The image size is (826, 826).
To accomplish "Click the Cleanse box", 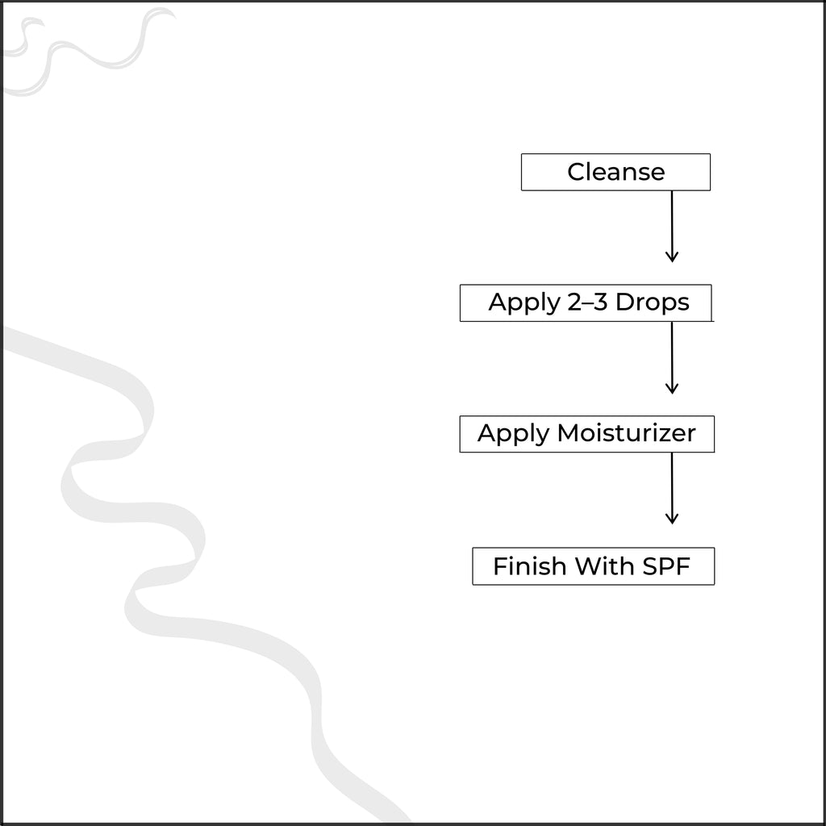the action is tap(615, 173).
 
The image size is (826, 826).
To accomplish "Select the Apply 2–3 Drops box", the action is tap(586, 303).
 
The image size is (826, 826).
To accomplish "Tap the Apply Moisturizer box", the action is tap(587, 434).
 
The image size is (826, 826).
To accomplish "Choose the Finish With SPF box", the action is tap(593, 566).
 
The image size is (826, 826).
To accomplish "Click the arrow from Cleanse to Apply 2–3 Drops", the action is tap(672, 227).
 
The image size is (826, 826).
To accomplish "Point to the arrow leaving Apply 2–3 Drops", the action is tap(672, 358).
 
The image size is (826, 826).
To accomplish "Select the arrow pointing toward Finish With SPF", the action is tap(672, 488).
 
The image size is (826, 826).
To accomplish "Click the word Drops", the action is tap(652, 303).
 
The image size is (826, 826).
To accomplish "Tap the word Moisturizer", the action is tap(626, 433).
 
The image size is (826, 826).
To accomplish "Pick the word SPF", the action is tap(665, 566).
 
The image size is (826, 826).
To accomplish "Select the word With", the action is tap(604, 566).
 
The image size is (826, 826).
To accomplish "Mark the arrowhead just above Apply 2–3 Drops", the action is tap(672, 257).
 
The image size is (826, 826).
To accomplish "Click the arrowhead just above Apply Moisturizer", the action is tap(672, 389).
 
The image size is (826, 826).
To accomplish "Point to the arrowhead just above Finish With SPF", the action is tap(672, 519).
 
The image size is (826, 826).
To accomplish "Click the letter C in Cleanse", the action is tap(576, 173).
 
